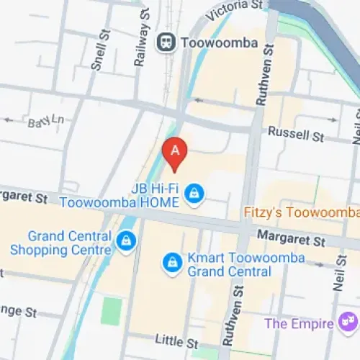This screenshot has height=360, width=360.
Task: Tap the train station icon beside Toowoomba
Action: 166,42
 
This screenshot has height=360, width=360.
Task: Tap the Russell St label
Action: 296,134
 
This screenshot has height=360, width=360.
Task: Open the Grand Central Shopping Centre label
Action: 61,243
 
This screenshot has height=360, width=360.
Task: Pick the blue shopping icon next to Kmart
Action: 171,263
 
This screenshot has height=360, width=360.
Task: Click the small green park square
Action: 112,310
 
